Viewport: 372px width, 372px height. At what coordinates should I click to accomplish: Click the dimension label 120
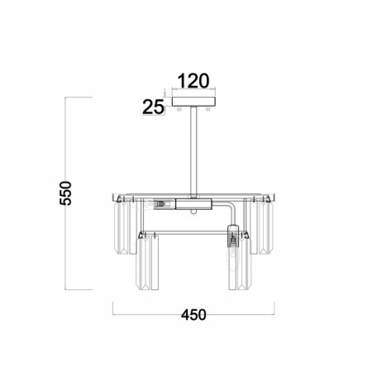(193, 81)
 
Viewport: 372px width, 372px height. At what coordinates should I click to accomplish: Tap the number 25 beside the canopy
(153, 107)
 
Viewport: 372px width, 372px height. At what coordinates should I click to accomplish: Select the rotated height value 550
(65, 193)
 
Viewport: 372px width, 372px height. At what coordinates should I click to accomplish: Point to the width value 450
(193, 315)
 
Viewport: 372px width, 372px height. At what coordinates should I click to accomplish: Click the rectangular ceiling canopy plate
(193, 102)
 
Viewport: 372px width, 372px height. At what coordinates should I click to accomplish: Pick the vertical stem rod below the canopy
(193, 152)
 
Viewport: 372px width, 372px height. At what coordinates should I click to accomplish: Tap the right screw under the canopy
(208, 108)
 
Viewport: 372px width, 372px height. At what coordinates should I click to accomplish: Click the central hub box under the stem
(193, 204)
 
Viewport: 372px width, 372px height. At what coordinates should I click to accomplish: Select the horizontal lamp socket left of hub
(165, 204)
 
